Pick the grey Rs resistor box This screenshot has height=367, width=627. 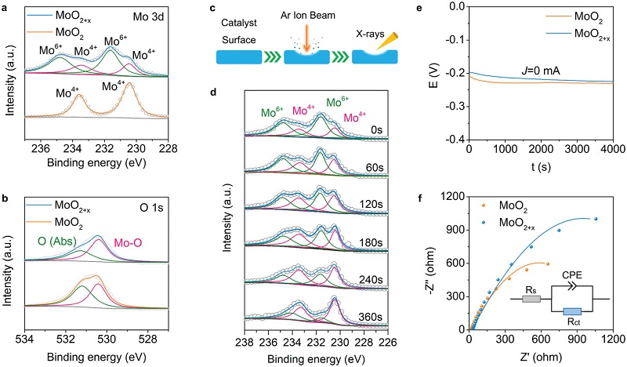click(x=531, y=299)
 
